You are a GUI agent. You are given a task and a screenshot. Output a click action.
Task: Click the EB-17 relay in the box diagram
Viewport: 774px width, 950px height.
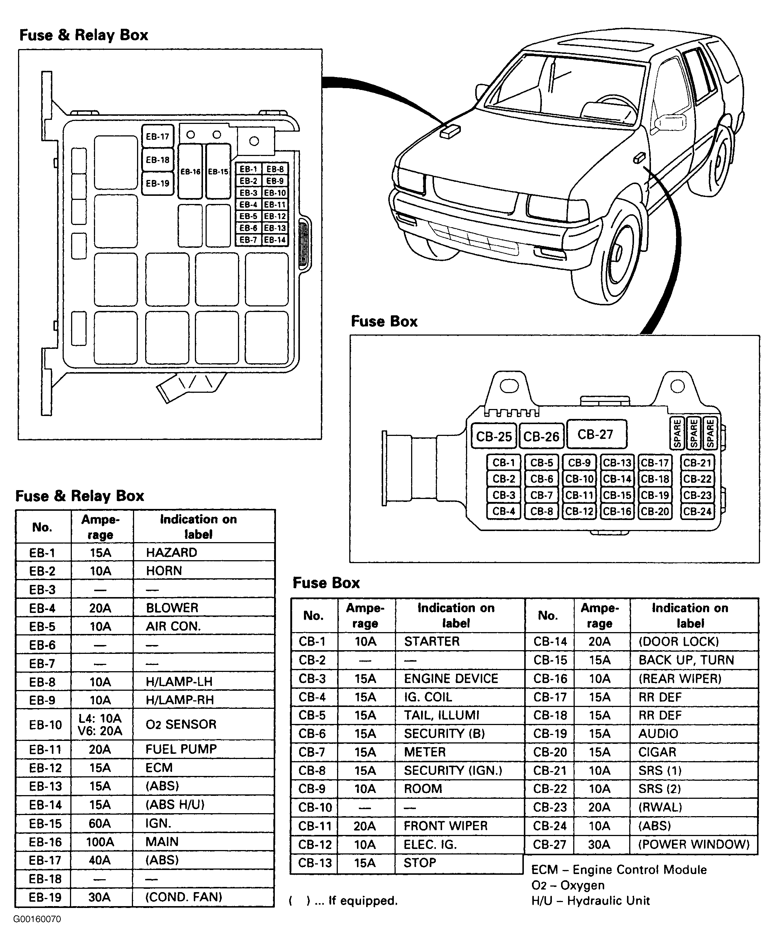(157, 136)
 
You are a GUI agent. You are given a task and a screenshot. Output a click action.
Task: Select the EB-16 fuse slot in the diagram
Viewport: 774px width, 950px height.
(190, 171)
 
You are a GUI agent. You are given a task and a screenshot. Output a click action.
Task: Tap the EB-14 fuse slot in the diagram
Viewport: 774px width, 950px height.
(275, 240)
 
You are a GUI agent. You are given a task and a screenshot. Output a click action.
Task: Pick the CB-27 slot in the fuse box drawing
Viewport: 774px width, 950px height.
(596, 434)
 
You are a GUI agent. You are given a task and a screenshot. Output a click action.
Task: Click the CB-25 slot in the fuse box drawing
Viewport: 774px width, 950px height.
(494, 436)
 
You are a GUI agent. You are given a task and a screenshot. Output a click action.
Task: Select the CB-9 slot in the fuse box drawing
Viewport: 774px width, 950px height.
(579, 463)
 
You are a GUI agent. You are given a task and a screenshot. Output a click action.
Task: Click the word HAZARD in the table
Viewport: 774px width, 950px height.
(171, 552)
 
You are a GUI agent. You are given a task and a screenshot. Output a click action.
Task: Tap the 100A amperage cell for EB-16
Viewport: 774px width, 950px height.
(100, 842)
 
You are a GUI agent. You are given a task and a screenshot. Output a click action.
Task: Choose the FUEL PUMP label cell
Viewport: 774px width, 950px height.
(181, 749)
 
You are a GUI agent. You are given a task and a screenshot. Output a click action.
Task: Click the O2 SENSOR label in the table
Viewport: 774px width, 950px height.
(181, 724)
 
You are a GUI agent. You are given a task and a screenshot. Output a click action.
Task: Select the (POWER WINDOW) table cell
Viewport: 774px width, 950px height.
(694, 844)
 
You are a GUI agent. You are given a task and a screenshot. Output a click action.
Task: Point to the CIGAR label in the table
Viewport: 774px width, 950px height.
(657, 752)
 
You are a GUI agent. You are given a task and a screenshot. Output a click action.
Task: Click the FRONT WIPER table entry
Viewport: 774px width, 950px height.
(445, 826)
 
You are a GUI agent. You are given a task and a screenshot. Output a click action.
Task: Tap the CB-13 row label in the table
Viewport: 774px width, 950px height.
(315, 863)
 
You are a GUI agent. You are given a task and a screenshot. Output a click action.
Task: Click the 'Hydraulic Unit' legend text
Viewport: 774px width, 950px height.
(609, 901)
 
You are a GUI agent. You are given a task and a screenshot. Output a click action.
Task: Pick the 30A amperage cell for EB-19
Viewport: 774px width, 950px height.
(99, 897)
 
